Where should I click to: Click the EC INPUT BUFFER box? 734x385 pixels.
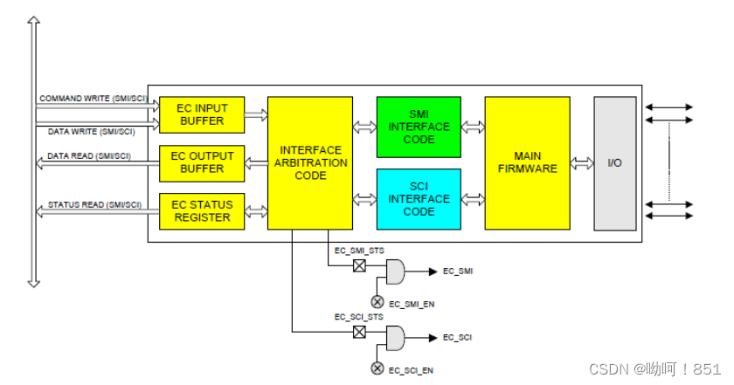click(x=202, y=114)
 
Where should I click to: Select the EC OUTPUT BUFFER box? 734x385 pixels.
click(x=202, y=162)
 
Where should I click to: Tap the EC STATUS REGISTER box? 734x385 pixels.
click(x=202, y=211)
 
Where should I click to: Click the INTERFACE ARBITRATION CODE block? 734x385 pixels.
click(x=310, y=163)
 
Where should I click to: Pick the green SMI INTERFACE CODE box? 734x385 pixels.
click(x=418, y=127)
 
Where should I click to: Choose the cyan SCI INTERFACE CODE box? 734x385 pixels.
click(x=418, y=199)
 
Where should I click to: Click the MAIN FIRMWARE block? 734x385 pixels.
click(x=527, y=163)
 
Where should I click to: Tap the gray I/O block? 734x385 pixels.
click(x=614, y=163)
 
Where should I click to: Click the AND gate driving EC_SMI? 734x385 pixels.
click(x=395, y=272)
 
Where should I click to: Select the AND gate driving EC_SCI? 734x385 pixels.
click(x=395, y=338)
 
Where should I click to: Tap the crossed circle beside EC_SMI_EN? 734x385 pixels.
click(x=377, y=301)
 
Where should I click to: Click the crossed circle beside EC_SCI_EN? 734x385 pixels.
click(x=377, y=368)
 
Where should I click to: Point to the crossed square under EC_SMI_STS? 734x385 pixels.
click(x=358, y=265)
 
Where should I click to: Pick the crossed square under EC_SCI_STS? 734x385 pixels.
click(x=358, y=332)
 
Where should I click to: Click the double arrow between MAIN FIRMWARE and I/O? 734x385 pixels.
click(x=581, y=163)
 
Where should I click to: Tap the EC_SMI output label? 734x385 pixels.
click(x=458, y=272)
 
